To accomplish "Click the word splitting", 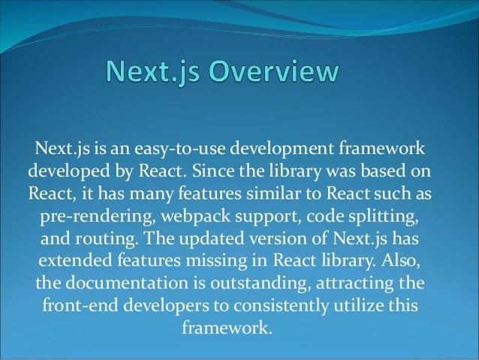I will click(379, 215).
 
